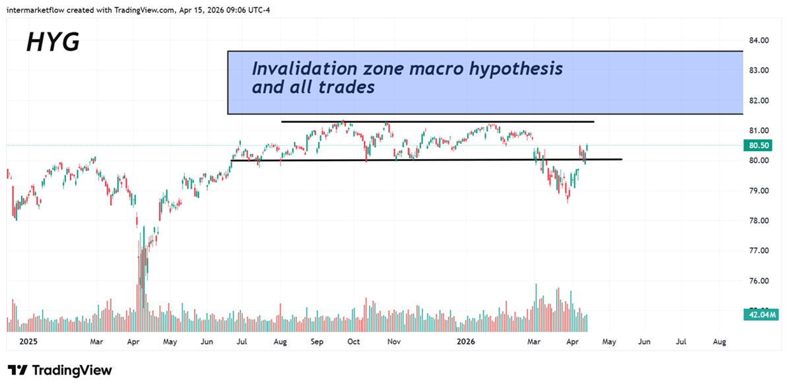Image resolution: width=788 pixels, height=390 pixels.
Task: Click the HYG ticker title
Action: [x=53, y=42]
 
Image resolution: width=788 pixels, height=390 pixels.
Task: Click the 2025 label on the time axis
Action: [x=29, y=342]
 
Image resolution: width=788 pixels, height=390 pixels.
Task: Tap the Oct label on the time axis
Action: [x=354, y=342]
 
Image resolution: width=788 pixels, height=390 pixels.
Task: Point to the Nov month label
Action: [x=394, y=342]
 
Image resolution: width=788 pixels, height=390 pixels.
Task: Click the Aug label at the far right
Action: [x=719, y=342]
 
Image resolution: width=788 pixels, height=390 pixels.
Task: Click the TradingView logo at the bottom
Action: [x=60, y=370]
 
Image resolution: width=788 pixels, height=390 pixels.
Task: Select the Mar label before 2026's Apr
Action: [x=535, y=342]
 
